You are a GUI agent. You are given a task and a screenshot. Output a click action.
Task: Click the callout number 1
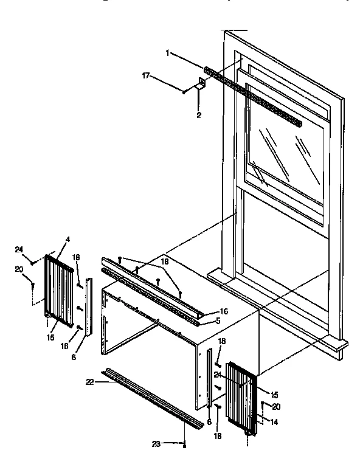coord(167,53)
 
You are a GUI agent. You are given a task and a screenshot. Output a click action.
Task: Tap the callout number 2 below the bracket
coord(199,114)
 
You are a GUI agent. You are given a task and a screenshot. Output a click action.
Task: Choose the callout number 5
coord(217,320)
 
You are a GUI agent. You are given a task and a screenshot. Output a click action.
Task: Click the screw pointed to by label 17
coord(183,92)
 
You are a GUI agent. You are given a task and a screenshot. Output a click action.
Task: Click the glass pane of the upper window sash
coord(286,152)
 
